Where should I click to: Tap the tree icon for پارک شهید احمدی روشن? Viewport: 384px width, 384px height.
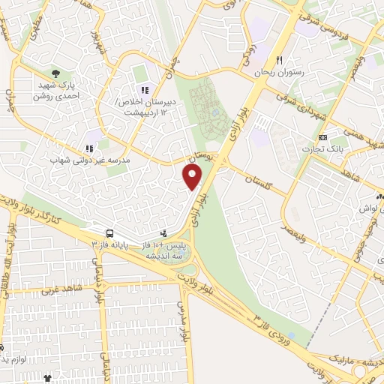57,73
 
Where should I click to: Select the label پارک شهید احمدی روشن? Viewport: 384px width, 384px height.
57,91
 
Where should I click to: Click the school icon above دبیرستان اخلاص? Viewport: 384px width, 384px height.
144,91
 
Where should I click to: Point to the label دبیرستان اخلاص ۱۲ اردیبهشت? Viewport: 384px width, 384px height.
144,106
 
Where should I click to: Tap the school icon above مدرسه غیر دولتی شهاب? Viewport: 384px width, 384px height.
89,149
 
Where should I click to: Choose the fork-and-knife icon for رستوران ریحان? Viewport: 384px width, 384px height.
279,60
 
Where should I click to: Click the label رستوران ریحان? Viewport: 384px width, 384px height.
279,72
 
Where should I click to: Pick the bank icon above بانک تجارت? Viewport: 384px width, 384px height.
323,138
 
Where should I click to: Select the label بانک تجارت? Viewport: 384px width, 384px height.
323,149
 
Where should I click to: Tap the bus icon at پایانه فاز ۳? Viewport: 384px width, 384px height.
110,233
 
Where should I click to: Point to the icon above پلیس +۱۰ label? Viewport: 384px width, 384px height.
164,233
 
